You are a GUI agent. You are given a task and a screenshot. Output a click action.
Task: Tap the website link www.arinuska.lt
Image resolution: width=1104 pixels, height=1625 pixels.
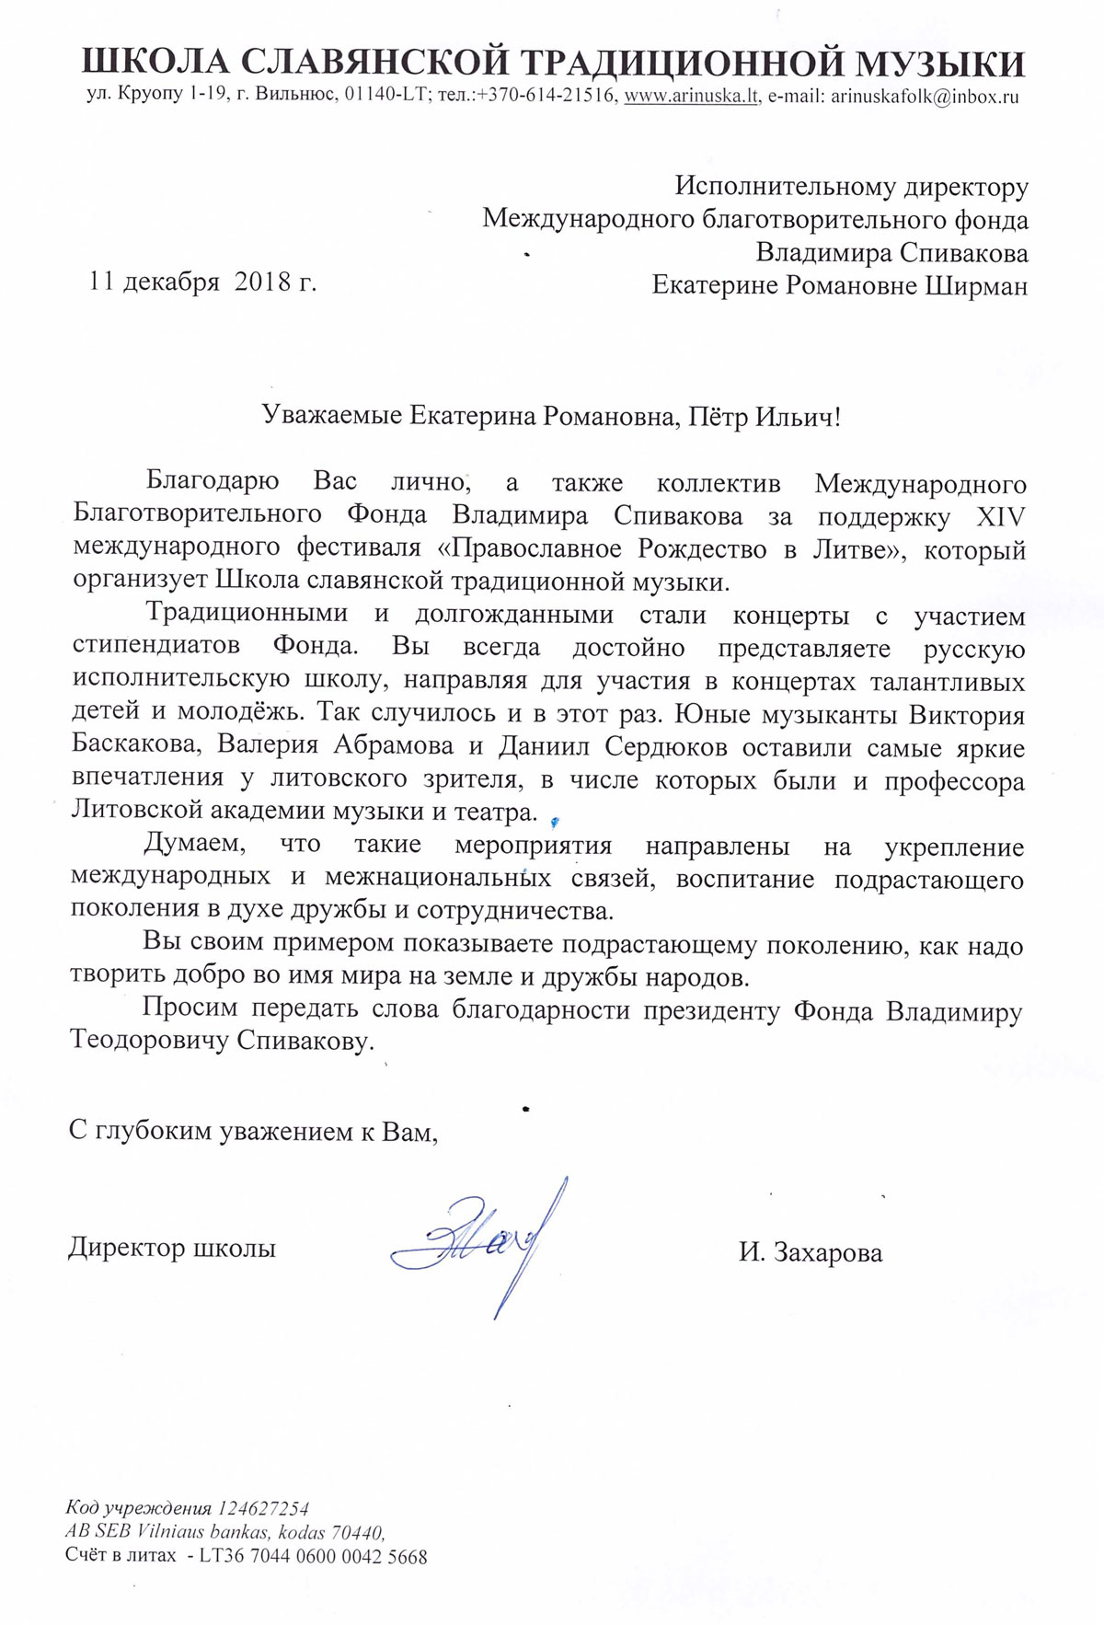[692, 97]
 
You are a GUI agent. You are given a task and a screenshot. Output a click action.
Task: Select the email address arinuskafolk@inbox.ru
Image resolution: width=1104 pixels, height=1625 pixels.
[925, 97]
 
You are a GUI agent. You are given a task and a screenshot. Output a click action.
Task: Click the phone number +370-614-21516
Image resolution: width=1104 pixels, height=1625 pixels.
[546, 97]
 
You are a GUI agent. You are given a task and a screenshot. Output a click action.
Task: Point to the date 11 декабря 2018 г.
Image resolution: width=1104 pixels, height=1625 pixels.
[202, 282]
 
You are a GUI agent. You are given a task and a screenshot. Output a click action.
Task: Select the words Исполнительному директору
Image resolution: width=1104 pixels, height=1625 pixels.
[851, 187]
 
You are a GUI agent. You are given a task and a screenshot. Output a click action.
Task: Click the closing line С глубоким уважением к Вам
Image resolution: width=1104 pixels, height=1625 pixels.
[253, 1131]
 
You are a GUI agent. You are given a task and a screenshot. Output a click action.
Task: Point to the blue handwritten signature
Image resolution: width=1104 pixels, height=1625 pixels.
[478, 1242]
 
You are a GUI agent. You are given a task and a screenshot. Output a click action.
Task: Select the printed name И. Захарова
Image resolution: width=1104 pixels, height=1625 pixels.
[810, 1252]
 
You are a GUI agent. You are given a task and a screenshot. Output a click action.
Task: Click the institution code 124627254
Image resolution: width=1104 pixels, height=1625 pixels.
[263, 1509]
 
